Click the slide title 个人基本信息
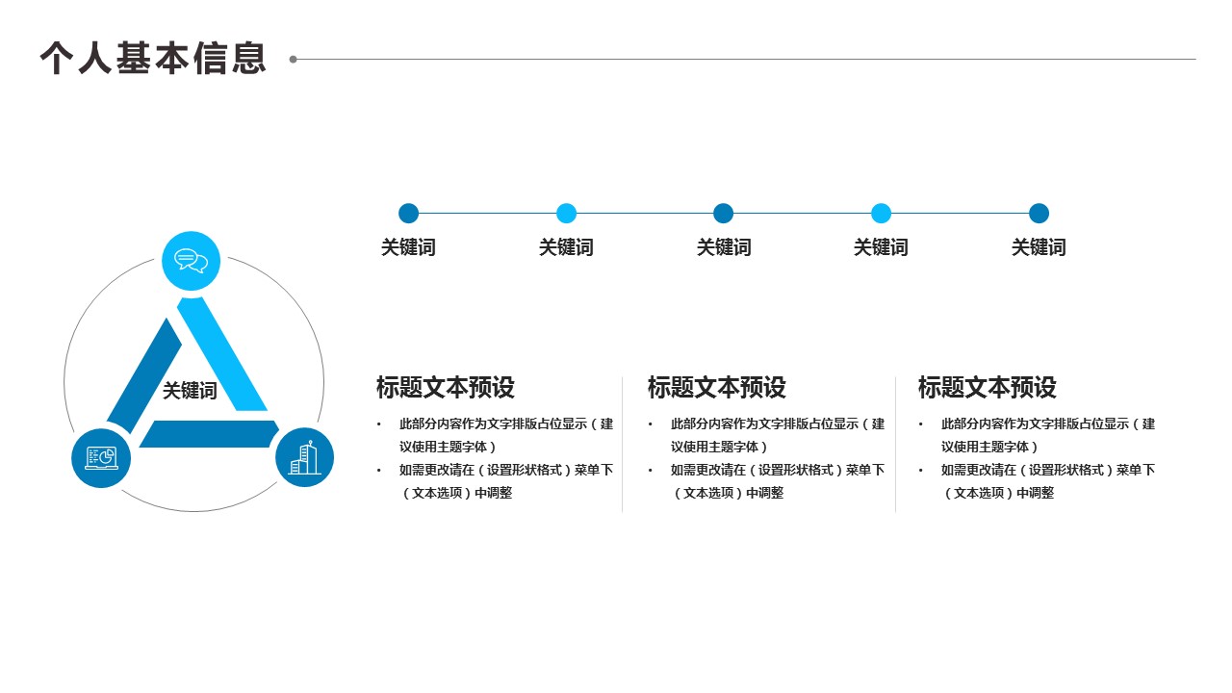153,59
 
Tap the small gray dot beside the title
294,60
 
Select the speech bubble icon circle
192,261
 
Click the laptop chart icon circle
101,457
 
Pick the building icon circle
304,457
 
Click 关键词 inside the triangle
190,391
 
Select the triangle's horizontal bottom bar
209,434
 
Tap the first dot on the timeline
408,214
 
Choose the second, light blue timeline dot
566,214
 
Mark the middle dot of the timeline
724,214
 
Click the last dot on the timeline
1039,214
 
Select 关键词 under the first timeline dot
408,247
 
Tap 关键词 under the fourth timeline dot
881,247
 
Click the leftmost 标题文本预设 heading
446,388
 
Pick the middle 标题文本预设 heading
717,388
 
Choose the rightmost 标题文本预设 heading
988,388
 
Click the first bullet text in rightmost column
1048,435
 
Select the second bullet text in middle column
778,481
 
